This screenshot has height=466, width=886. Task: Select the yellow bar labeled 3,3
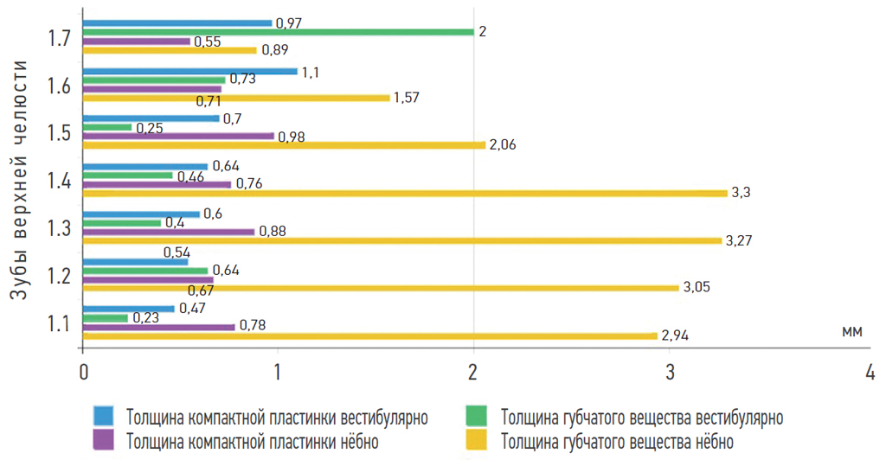tap(405, 193)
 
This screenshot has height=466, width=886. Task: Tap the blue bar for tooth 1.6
tap(189, 71)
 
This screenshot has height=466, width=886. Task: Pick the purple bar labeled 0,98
tap(178, 136)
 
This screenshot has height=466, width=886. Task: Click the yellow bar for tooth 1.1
tap(369, 335)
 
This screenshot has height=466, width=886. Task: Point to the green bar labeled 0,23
tap(106, 318)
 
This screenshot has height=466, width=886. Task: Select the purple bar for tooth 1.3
tap(169, 231)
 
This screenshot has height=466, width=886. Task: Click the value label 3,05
tap(697, 287)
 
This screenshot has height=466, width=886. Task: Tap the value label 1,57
tap(406, 98)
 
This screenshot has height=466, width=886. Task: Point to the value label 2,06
tap(503, 145)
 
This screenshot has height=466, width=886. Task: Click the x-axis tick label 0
tap(83, 373)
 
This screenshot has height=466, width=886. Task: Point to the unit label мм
tap(851, 332)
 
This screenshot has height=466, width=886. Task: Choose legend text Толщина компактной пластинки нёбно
tap(252, 442)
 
